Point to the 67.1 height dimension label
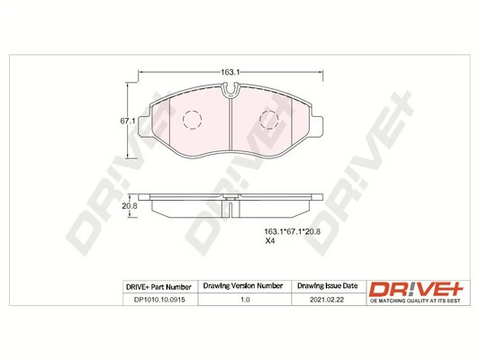[x=129, y=120]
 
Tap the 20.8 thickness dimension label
[x=129, y=206]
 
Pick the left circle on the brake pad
[x=192, y=119]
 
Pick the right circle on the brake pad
[x=269, y=119]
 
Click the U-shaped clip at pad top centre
[x=231, y=88]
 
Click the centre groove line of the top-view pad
[x=231, y=126]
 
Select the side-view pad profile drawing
[x=231, y=207]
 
